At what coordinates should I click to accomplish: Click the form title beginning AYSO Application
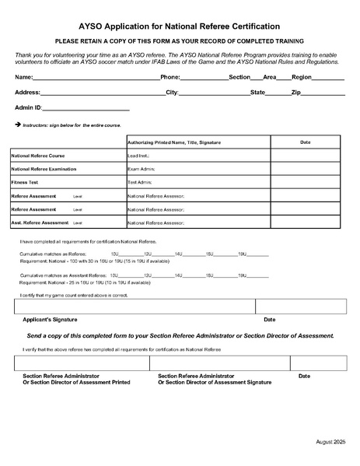[x=180, y=26]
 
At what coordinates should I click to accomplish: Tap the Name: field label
[x=24, y=78]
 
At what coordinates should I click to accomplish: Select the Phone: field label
[x=170, y=78]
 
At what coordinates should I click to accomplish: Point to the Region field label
[x=301, y=78]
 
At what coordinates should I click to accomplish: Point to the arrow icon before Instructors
[x=17, y=124]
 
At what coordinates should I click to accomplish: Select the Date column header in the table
[x=305, y=142]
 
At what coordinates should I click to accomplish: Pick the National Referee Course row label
[x=37, y=156]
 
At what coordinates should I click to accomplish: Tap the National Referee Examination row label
[x=43, y=169]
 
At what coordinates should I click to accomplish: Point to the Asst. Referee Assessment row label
[x=40, y=222]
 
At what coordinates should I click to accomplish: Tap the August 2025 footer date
[x=330, y=442]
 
